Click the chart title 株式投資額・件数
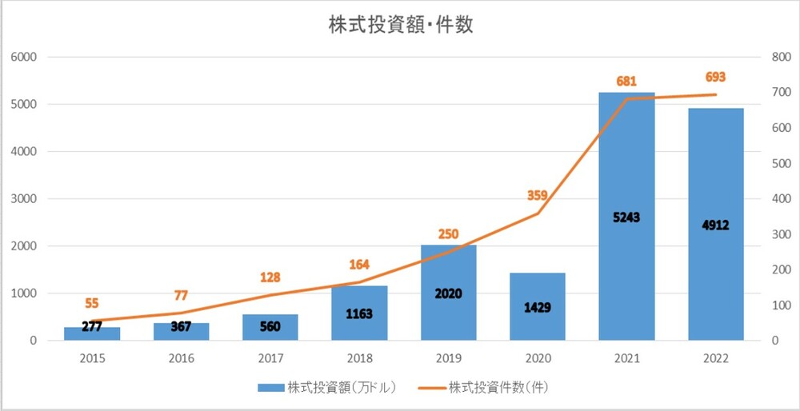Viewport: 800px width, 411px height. tap(401, 25)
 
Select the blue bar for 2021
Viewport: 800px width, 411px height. tap(626, 160)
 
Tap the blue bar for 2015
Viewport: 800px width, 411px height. tap(92, 333)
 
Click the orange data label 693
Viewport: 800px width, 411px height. tap(716, 78)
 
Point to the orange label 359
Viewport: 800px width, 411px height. tap(538, 195)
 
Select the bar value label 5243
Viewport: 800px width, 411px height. tap(626, 217)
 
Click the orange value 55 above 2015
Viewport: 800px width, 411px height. tap(93, 304)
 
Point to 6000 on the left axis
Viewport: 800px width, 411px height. tap(24, 57)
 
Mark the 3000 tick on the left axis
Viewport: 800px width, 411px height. tap(24, 199)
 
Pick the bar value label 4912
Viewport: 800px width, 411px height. tap(716, 225)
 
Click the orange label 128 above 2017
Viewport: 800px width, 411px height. tap(270, 277)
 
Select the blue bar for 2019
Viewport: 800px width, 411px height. tap(448, 264)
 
